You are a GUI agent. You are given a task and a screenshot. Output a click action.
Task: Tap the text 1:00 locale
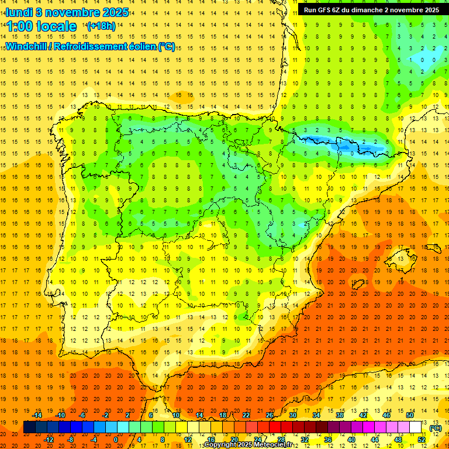42,26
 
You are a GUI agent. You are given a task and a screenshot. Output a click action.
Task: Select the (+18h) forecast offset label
101,26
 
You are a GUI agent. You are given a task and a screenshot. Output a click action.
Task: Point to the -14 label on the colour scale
37,415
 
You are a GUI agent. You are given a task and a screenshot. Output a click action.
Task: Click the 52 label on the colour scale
422,440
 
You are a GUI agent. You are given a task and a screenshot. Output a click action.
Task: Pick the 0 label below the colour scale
116,440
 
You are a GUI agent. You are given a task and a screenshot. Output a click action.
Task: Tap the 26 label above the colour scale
270,415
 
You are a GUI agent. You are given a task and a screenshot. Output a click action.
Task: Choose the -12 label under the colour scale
49,440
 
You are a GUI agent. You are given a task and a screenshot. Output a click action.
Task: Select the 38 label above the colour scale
339,415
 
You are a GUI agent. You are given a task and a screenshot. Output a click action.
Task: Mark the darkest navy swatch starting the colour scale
29,427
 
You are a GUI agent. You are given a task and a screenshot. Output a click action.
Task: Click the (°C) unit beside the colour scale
436,427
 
